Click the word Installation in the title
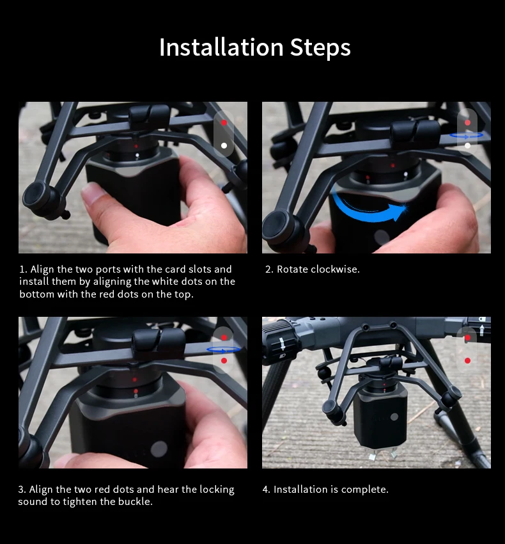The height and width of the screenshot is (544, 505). (x=221, y=47)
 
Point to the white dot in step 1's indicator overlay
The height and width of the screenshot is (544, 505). (x=224, y=145)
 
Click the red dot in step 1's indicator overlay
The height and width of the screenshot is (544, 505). (x=224, y=122)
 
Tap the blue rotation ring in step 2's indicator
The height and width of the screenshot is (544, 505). (x=467, y=135)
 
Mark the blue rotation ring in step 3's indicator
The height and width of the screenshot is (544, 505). (x=224, y=349)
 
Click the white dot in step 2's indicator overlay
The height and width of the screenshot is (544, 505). (x=467, y=146)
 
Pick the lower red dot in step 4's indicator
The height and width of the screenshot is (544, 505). (x=467, y=361)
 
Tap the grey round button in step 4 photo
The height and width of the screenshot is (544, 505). (x=394, y=417)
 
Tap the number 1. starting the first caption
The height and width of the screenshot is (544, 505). (x=23, y=269)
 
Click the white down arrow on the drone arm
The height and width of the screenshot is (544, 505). (x=281, y=344)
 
